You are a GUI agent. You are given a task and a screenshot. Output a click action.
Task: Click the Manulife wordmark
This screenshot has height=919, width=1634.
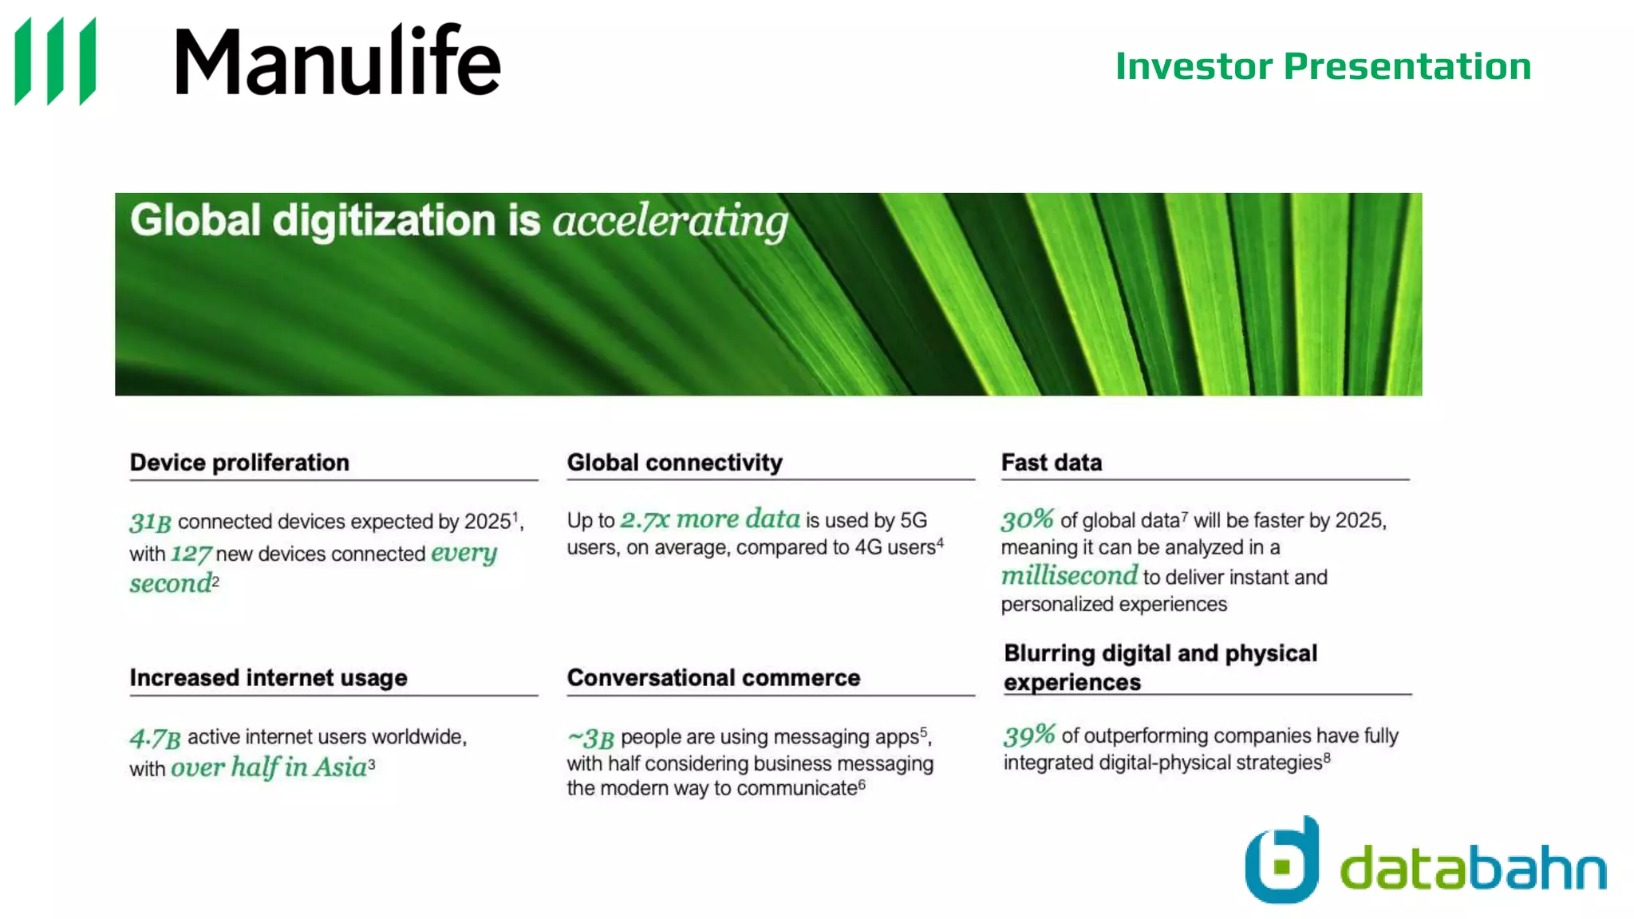[x=337, y=61]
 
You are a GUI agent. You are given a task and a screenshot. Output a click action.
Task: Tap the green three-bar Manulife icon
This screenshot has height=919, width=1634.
[x=56, y=61]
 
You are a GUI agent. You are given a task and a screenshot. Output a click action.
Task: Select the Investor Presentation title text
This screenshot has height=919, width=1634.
[x=1323, y=66]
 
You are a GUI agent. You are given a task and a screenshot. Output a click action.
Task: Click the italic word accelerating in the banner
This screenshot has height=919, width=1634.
[x=670, y=221]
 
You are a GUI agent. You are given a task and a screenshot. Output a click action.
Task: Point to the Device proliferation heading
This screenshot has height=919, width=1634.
[x=239, y=463]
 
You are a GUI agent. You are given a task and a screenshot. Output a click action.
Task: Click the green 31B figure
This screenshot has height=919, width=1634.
[x=150, y=523]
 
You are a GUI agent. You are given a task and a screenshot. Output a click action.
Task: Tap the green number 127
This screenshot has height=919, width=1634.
[x=191, y=554]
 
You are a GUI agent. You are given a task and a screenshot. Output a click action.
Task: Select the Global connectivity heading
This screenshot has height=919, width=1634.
[x=674, y=463]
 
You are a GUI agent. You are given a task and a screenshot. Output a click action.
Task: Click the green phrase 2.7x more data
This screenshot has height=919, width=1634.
[x=710, y=519]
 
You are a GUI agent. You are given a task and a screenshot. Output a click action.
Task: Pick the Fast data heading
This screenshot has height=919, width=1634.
[x=1051, y=463]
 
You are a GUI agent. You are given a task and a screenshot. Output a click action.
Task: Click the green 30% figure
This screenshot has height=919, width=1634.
[x=1028, y=520]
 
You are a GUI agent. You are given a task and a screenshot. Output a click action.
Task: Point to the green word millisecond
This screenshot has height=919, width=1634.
[x=1069, y=576]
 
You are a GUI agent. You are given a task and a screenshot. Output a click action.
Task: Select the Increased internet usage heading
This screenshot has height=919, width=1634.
[x=268, y=678]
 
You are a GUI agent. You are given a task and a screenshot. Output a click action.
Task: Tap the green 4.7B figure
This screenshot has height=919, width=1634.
[x=156, y=738]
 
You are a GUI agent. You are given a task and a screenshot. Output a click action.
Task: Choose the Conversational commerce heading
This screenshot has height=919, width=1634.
[x=713, y=678]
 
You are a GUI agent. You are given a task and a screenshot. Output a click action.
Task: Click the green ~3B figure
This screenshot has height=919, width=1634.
[x=590, y=738]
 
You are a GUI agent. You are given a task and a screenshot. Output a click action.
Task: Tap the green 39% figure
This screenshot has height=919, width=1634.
[x=1029, y=735]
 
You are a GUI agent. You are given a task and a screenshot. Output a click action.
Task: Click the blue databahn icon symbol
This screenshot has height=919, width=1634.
[x=1282, y=862]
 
